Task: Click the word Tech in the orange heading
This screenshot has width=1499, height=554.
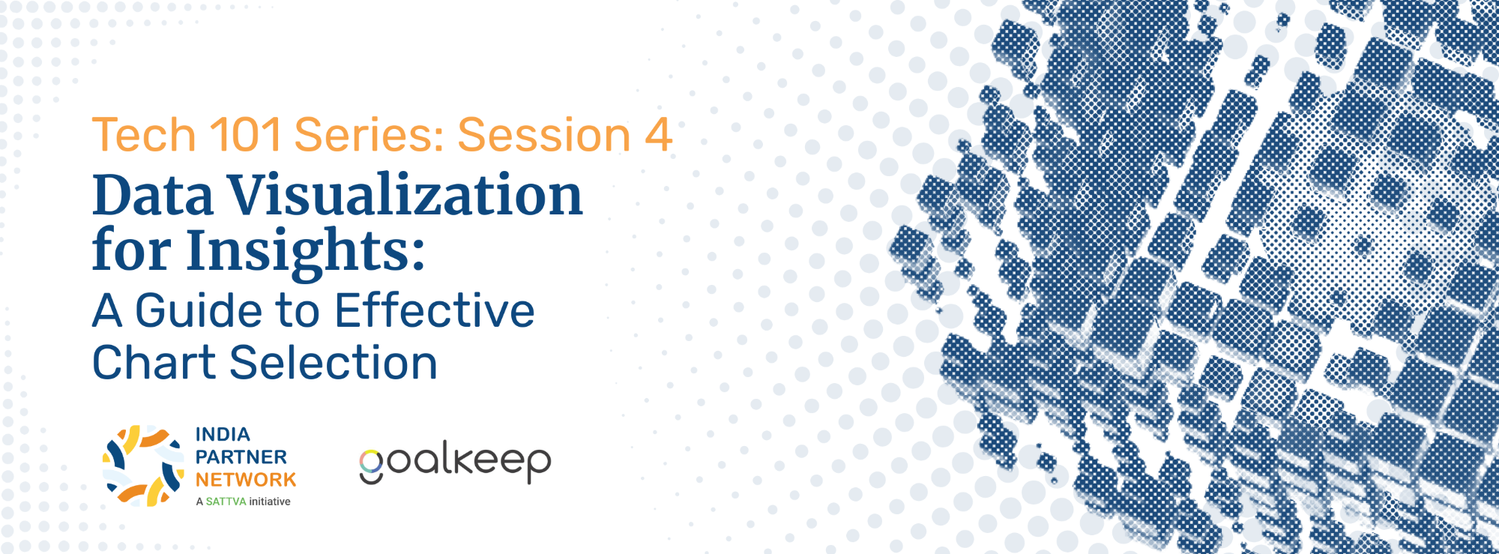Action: click(144, 135)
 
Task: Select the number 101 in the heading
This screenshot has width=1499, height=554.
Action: click(246, 135)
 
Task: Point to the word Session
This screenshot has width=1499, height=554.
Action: click(544, 135)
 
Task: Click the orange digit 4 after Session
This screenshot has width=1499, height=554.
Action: click(657, 135)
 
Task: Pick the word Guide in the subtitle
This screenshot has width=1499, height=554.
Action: click(201, 310)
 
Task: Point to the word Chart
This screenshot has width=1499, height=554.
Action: click(154, 363)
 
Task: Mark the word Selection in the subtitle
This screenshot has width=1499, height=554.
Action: click(334, 363)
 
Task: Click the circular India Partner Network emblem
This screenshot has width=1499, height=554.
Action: click(143, 466)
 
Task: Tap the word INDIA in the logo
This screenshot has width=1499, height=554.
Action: click(223, 435)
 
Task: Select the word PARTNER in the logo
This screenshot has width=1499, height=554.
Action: click(241, 457)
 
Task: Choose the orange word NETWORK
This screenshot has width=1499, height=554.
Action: click(246, 480)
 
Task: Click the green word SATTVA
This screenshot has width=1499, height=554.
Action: click(226, 502)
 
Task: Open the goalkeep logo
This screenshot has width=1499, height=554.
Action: click(455, 462)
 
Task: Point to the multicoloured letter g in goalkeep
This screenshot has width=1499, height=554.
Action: click(371, 467)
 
